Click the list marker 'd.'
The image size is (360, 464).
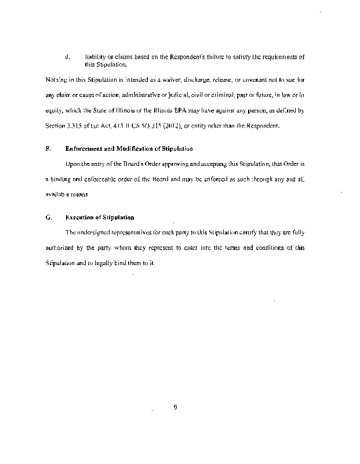[68, 57]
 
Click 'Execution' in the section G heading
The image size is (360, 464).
[80, 217]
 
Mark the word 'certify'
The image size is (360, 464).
[227, 233]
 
